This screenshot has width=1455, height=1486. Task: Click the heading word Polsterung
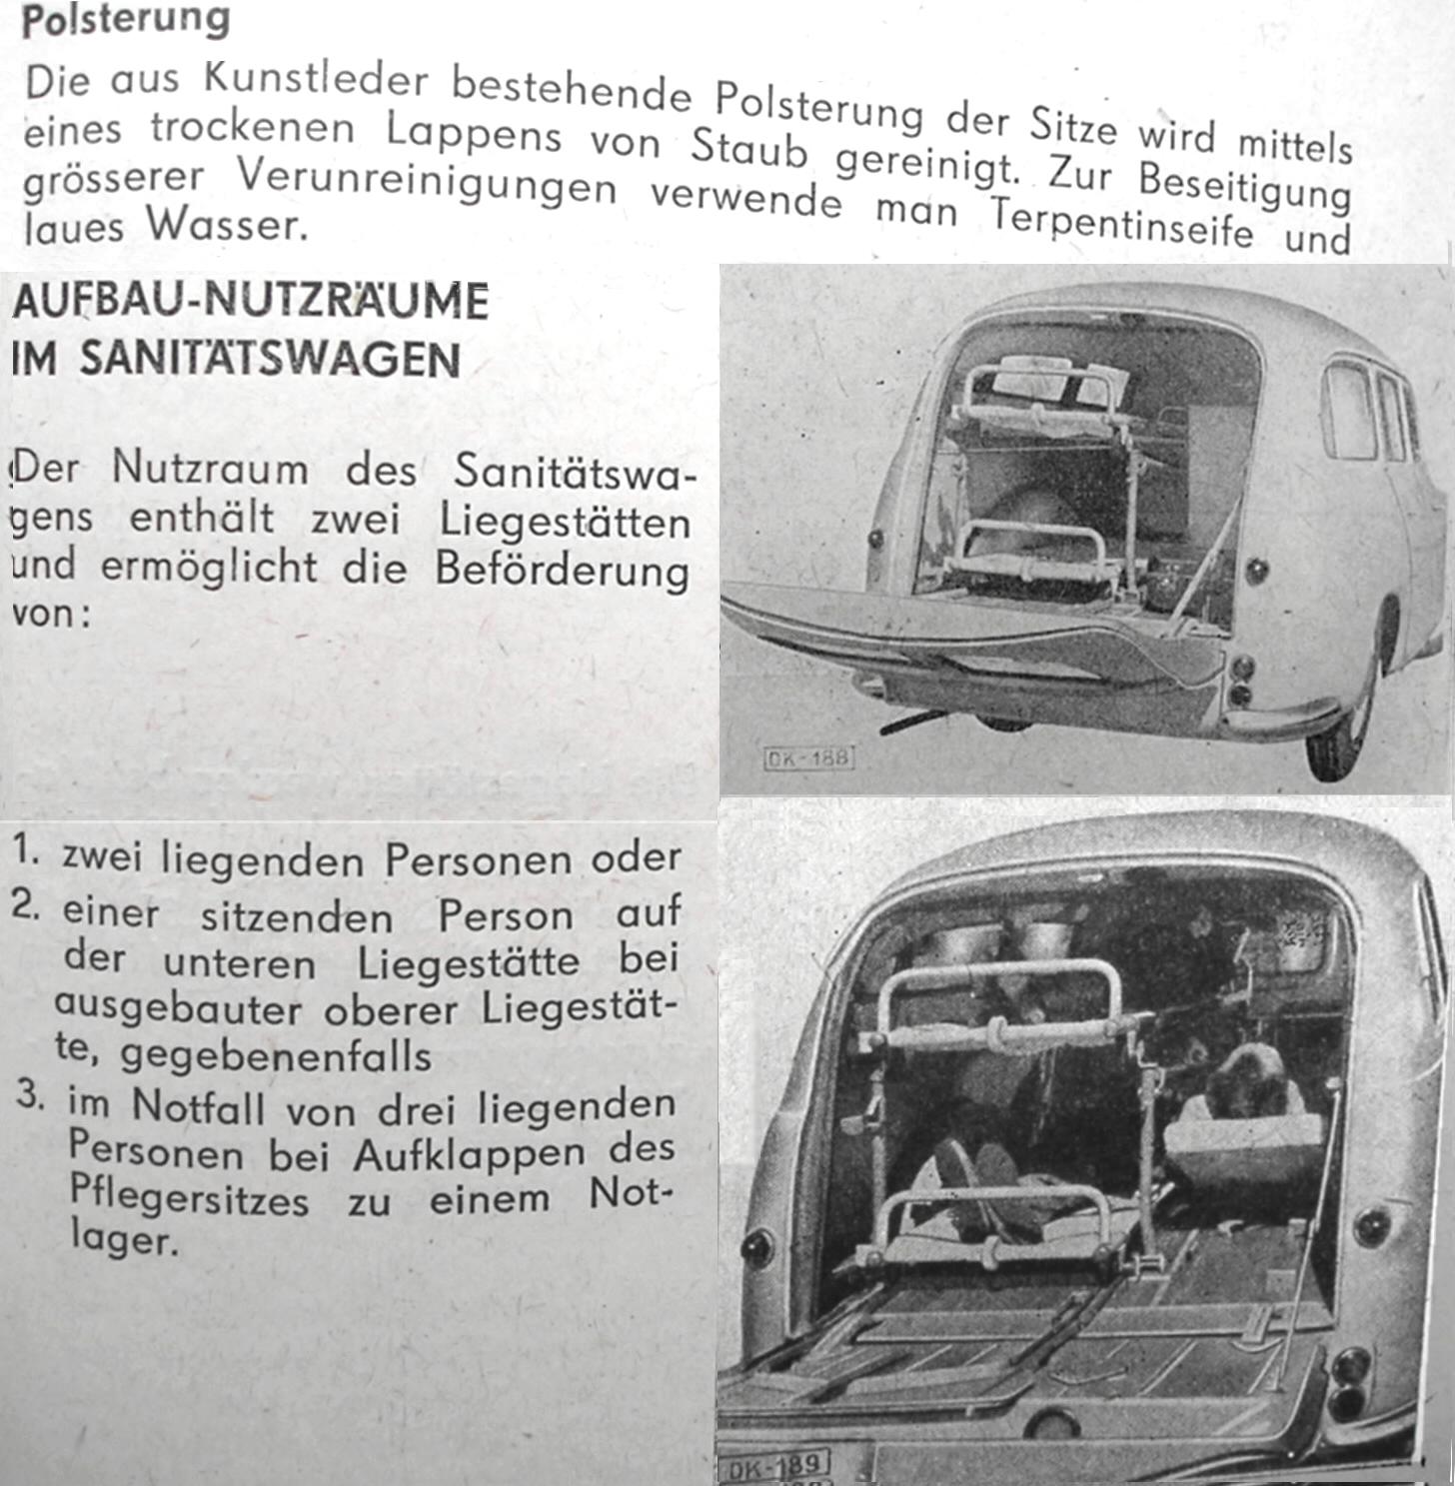click(x=125, y=20)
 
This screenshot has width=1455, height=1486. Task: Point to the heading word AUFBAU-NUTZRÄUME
click(x=250, y=301)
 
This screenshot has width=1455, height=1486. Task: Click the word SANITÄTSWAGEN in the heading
click(x=270, y=359)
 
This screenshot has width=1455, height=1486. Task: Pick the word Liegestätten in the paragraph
click(x=565, y=522)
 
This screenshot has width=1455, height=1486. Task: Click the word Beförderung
click(x=562, y=571)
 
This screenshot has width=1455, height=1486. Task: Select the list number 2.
click(x=26, y=906)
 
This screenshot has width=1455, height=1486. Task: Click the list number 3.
click(x=30, y=1097)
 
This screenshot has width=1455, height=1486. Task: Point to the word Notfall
click(x=199, y=1107)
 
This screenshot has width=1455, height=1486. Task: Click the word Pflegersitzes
click(x=189, y=1196)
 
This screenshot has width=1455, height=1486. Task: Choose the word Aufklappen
click(x=469, y=1154)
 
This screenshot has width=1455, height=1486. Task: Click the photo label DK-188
click(x=807, y=756)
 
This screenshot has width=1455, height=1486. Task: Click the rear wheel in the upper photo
click(x=1337, y=740)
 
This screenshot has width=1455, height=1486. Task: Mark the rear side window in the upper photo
click(x=1349, y=411)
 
